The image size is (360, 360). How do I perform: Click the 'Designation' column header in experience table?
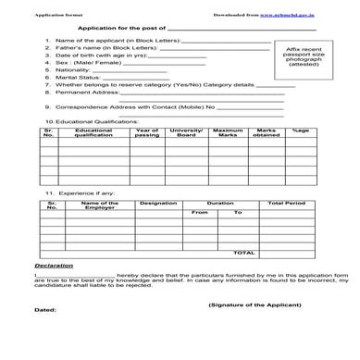(x=158, y=202)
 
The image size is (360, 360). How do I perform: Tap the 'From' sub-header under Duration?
(x=199, y=213)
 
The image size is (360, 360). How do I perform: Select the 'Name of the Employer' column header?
(x=99, y=205)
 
